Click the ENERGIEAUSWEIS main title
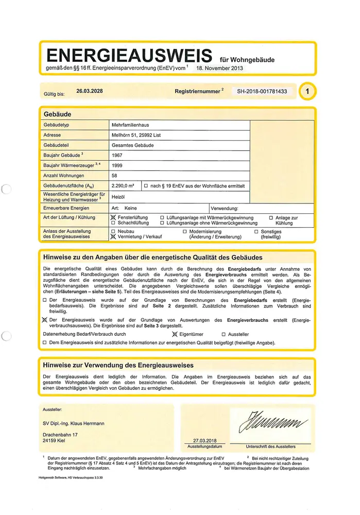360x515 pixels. (129, 55)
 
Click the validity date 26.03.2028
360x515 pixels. (90, 91)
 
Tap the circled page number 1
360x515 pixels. (307, 92)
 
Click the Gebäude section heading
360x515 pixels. (57, 114)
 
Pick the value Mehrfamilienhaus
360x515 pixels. (132, 125)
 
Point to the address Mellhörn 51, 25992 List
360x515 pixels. (136, 135)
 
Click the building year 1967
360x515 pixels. (117, 155)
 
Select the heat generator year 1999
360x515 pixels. (117, 166)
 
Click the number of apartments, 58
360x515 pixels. (114, 176)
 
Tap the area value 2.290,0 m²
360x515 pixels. (123, 186)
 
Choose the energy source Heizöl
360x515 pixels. (119, 197)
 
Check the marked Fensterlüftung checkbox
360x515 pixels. (113, 218)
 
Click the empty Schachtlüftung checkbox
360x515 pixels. (113, 223)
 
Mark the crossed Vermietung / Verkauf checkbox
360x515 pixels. (113, 236)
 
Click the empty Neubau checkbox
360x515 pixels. (113, 231)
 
